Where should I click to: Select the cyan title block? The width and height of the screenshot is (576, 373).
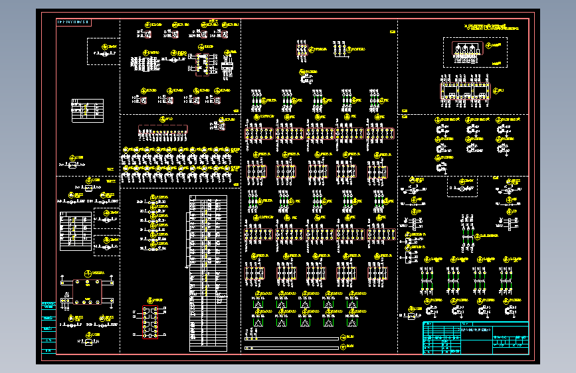click(476, 338)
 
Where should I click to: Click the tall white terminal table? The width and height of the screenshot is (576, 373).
click(208, 272)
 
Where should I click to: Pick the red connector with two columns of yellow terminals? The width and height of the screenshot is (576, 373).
click(151, 322)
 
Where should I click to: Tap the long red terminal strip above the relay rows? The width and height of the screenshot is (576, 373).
click(163, 131)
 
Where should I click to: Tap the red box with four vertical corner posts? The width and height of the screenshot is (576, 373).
click(86, 291)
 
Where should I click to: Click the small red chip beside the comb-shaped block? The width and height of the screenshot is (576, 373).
click(201, 62)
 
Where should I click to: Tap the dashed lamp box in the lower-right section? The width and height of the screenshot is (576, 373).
click(462, 187)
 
